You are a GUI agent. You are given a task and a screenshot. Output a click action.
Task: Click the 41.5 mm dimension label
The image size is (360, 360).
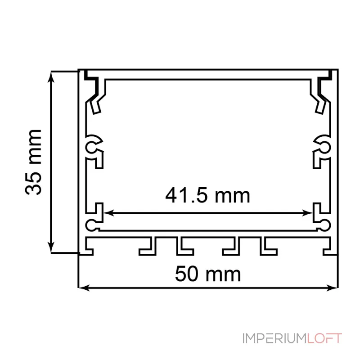point(207,196)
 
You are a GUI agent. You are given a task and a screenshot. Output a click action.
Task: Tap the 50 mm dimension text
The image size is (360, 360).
point(208,274)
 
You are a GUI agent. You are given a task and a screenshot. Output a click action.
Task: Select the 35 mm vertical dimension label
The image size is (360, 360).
point(33,162)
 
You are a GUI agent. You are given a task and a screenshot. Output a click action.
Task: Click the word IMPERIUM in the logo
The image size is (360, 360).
point(274,338)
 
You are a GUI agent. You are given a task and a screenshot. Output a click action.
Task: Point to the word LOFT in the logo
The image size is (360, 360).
point(324,338)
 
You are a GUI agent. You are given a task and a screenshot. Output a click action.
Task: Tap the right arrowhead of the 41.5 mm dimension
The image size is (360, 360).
point(308,213)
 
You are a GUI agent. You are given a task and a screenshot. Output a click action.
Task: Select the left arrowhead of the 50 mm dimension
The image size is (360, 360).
point(84,288)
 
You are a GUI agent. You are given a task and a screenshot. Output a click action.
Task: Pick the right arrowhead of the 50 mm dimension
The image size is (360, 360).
point(332,288)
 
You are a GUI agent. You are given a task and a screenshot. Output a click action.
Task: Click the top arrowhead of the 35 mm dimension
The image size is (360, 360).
point(51,76)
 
